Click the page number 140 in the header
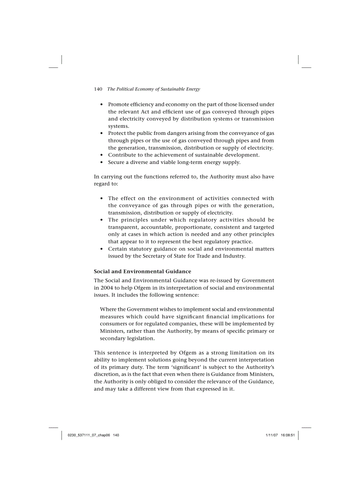click(98, 89)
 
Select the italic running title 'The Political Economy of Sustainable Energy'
click(154, 89)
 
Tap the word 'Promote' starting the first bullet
click(120, 104)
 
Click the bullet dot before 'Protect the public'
click(102, 133)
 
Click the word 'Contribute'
click(124, 155)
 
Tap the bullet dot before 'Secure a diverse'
click(102, 162)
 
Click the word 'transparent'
click(124, 227)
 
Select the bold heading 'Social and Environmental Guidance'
click(142, 271)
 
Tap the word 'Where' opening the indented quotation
click(108, 309)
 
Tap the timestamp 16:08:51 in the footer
click(288, 435)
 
